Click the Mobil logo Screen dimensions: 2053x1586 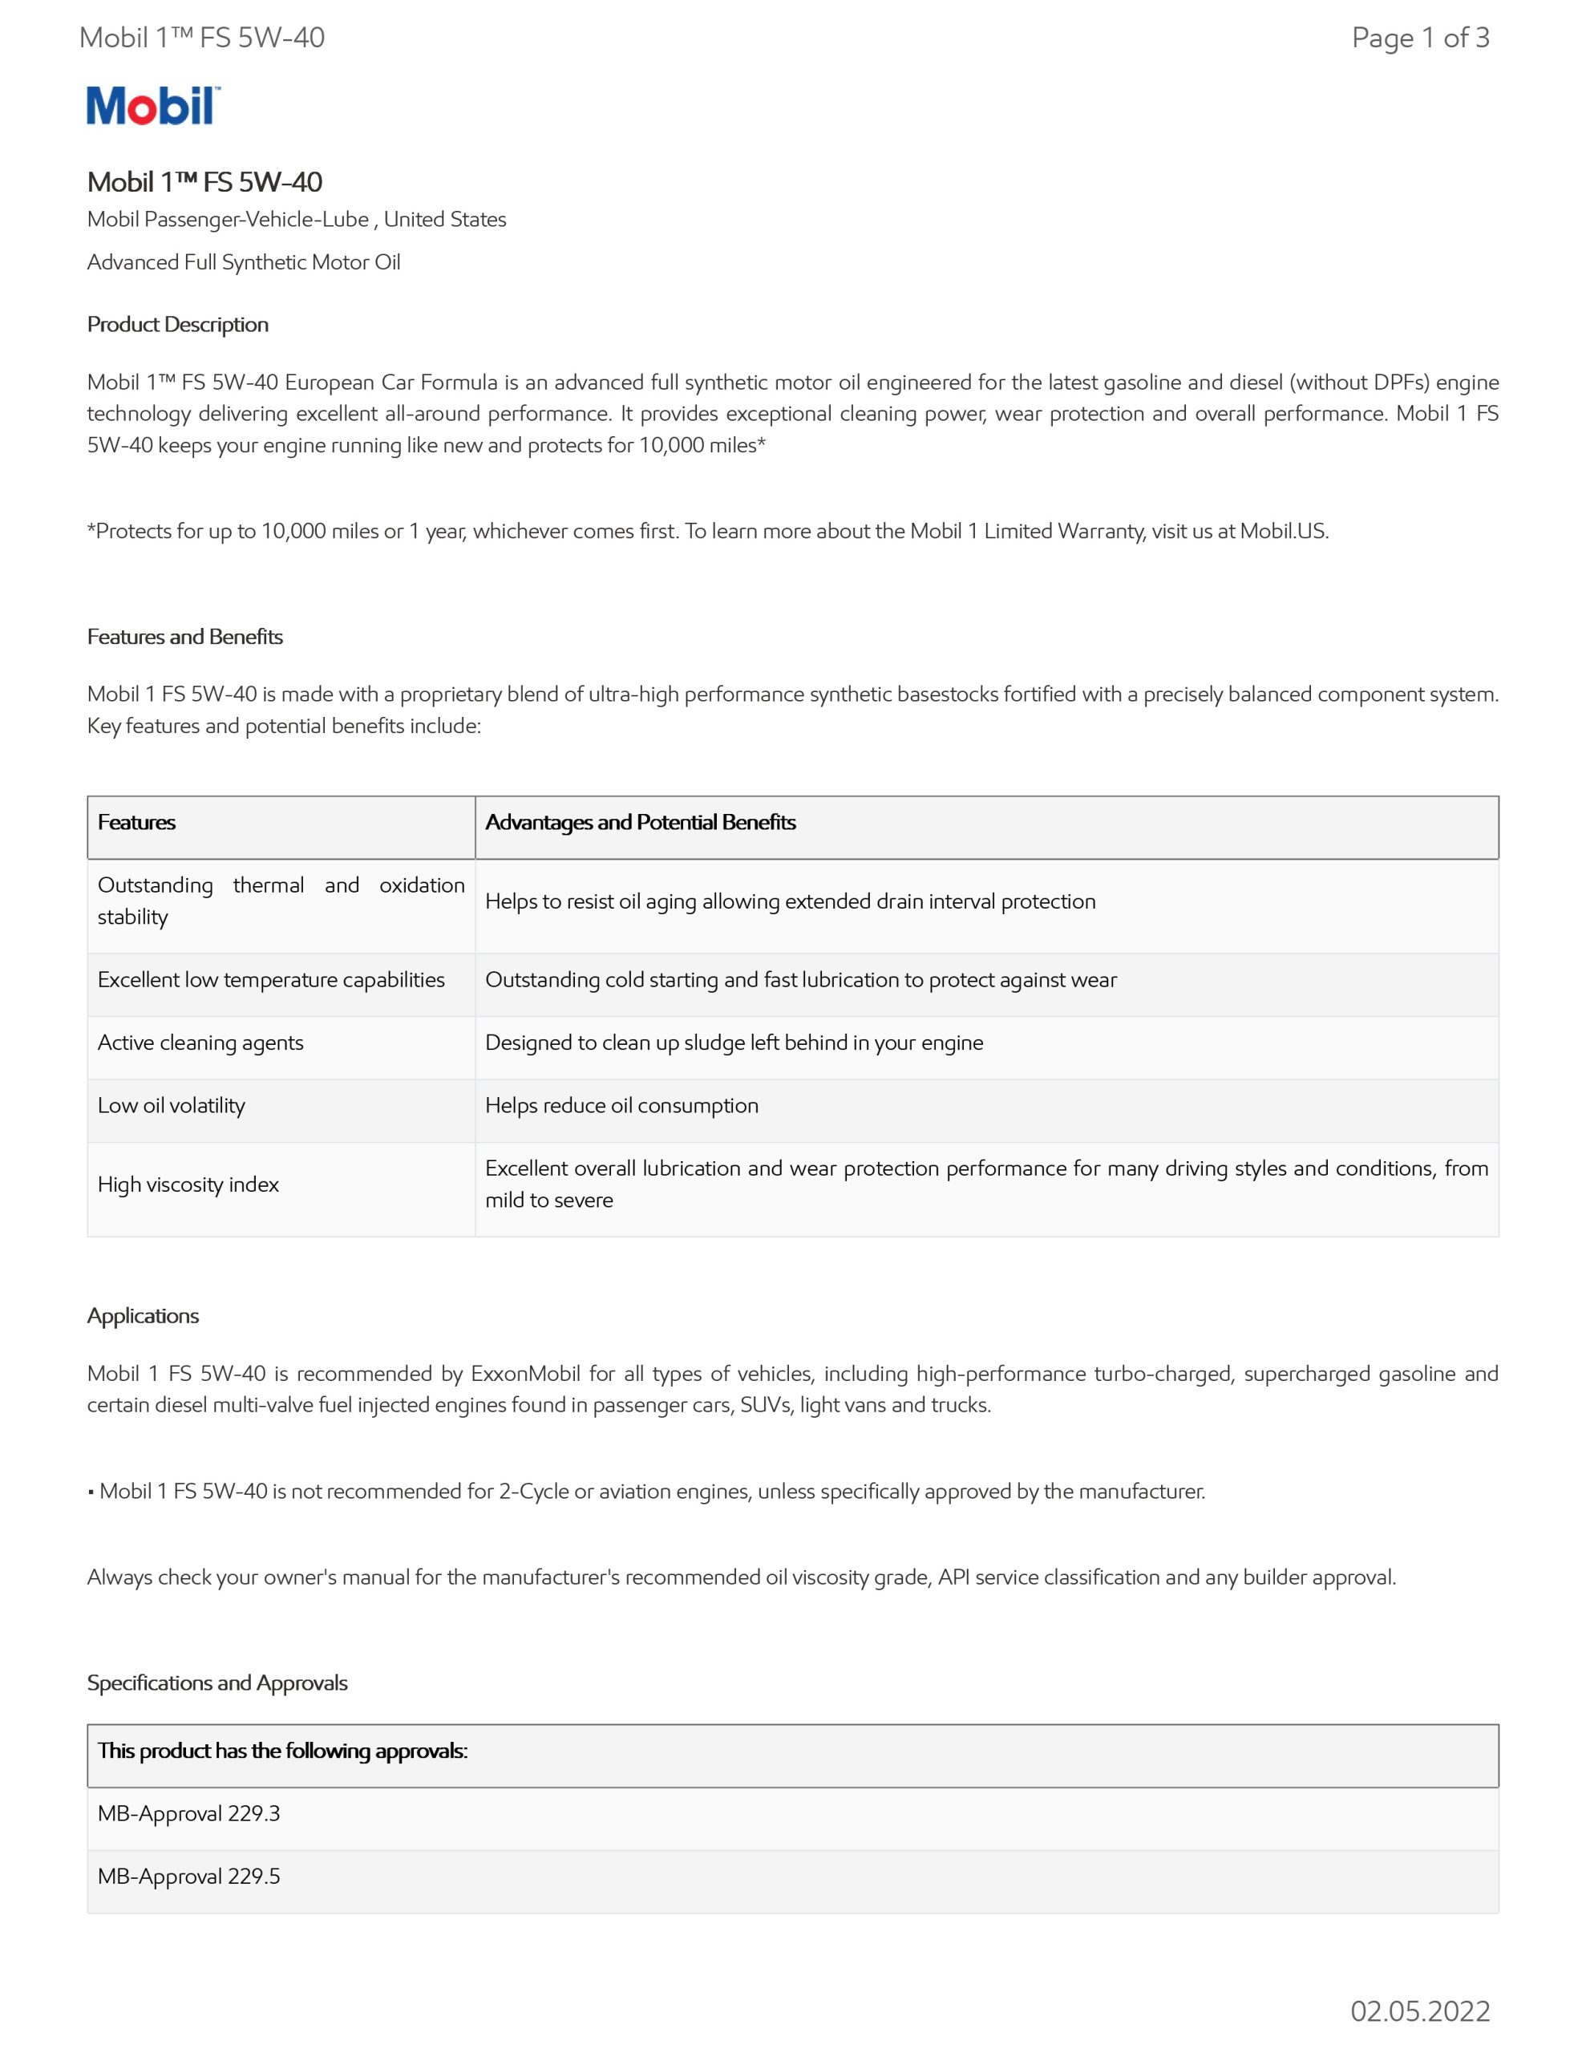coord(153,105)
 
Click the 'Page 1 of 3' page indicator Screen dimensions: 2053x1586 coord(1419,38)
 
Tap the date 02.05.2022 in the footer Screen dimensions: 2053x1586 coord(1419,2010)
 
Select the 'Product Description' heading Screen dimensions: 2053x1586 coord(178,324)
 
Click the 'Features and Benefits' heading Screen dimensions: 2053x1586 coord(185,637)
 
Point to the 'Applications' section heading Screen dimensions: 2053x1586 coord(143,1315)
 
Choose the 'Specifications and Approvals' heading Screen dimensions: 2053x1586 coord(217,1682)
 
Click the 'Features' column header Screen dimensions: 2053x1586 coord(136,823)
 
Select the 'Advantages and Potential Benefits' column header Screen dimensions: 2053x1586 coord(640,823)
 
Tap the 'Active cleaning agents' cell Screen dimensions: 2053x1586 coord(200,1043)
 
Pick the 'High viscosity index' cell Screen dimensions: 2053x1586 coord(188,1184)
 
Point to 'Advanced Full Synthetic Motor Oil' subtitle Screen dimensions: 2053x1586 coord(244,262)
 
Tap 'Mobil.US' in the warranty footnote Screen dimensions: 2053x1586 coord(1282,531)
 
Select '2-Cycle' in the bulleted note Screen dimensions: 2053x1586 coord(533,1491)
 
